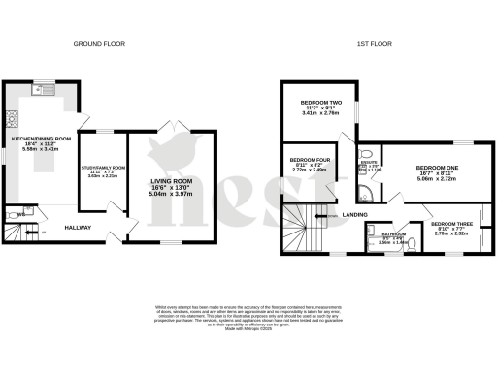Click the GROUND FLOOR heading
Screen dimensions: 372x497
pos(101,43)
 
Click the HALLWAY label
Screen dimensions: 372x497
pos(79,227)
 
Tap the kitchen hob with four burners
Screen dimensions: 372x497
pos(13,120)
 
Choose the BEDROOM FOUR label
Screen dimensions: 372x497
pos(307,162)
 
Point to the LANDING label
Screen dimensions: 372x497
pos(356,216)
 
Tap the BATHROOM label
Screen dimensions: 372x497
pos(393,233)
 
